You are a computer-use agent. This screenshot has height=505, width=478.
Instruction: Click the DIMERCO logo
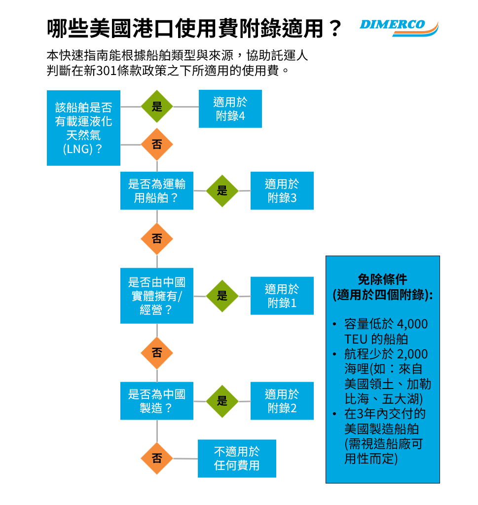tap(399, 27)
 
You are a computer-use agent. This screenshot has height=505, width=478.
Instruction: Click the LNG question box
tap(83, 128)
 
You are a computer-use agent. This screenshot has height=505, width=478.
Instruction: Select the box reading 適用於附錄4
tap(230, 109)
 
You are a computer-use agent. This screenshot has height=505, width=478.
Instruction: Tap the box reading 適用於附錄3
tap(282, 191)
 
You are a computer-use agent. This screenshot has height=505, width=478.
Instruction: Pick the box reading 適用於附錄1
tap(282, 296)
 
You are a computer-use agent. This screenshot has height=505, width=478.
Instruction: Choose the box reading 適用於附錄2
tap(282, 401)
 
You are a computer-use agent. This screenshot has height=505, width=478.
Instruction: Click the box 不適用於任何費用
tap(237, 459)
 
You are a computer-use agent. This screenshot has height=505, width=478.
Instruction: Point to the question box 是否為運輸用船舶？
tap(157, 191)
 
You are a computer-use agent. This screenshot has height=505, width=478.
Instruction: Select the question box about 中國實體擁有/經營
tap(157, 296)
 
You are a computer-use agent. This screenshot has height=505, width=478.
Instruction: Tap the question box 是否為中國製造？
tap(157, 401)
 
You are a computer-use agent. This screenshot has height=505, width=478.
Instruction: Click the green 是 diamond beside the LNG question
tap(157, 107)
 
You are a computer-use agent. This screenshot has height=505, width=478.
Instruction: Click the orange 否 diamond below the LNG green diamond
tap(157, 144)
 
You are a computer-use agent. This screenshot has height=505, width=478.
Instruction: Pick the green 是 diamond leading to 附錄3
tap(222, 191)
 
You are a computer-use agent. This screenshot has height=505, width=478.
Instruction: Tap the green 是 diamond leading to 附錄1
tap(222, 296)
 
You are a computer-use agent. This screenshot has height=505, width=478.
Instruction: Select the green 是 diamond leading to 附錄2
tap(222, 401)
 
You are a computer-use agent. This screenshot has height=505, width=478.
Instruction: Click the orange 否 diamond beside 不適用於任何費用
tap(157, 459)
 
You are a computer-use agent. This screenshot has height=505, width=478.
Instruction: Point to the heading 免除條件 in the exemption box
tap(382, 279)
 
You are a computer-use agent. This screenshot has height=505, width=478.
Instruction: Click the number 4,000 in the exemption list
tap(412, 324)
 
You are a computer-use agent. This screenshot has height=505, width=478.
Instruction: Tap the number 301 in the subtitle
tap(106, 71)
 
